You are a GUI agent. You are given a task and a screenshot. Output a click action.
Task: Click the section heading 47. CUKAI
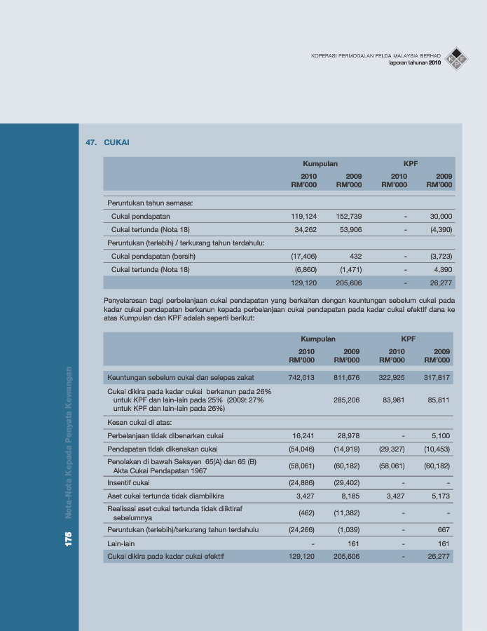coord(107,142)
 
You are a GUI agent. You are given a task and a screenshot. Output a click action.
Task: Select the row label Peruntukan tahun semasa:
coord(150,203)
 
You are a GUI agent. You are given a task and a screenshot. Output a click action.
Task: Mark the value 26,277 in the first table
coord(439,283)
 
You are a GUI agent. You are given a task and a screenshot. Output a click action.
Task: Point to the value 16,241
coord(303,435)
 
